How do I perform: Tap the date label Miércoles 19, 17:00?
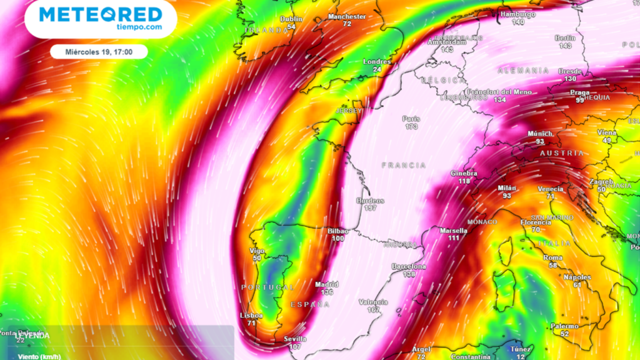coord(98,52)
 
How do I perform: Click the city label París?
coord(411,119)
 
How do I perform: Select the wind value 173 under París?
coord(411,127)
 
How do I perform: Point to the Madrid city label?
coord(327,284)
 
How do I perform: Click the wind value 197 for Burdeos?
coord(370,208)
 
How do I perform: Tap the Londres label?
coord(377,62)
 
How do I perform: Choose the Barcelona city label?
coord(409,266)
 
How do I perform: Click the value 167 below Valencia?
coord(374,310)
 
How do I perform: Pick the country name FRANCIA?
coord(404,166)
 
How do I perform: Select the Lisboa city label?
coord(251,316)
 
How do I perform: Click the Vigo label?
coord(257,250)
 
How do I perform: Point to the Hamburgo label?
coord(518,14)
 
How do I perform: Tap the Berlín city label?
coord(566,38)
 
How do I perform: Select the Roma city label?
coord(553,257)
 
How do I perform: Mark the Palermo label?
coord(564,326)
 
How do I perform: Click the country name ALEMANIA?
coord(523,71)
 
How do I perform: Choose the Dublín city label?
coord(291,19)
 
